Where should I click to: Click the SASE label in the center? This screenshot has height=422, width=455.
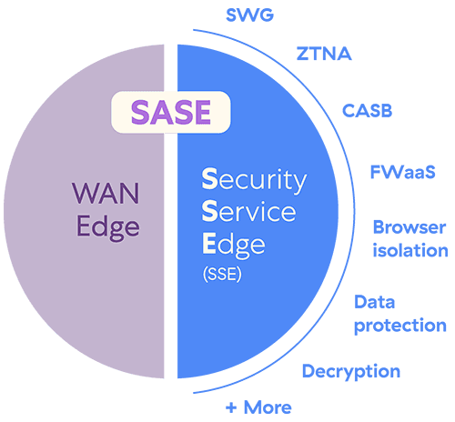pyautogui.click(x=171, y=112)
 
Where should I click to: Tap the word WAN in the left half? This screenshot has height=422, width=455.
pyautogui.click(x=106, y=193)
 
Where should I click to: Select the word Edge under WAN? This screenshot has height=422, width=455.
pyautogui.click(x=108, y=228)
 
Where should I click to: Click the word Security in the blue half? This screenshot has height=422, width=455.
pyautogui.click(x=254, y=181)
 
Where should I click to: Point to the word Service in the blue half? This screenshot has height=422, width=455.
pyautogui.click(x=248, y=211)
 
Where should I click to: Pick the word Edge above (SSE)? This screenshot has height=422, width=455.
pyautogui.click(x=234, y=246)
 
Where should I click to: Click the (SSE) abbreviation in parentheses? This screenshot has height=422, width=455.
pyautogui.click(x=222, y=275)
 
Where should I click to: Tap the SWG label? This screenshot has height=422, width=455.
pyautogui.click(x=250, y=15)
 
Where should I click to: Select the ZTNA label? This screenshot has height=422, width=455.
pyautogui.click(x=324, y=54)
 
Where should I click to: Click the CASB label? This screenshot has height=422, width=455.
pyautogui.click(x=368, y=111)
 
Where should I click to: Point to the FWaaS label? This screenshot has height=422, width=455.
pyautogui.click(x=403, y=172)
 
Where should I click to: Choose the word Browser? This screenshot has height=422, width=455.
pyautogui.click(x=409, y=227)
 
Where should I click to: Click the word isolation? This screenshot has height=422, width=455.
pyautogui.click(x=410, y=250)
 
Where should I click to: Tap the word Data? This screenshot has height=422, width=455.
pyautogui.click(x=375, y=302)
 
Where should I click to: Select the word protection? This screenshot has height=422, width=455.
pyautogui.click(x=400, y=326)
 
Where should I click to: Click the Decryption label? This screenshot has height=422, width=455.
pyautogui.click(x=351, y=372)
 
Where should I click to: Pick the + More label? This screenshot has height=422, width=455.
pyautogui.click(x=258, y=407)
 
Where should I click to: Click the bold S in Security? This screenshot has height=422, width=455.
pyautogui.click(x=210, y=178)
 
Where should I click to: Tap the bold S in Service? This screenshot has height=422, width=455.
pyautogui.click(x=210, y=211)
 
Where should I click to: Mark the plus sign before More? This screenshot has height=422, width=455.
pyautogui.click(x=231, y=407)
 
